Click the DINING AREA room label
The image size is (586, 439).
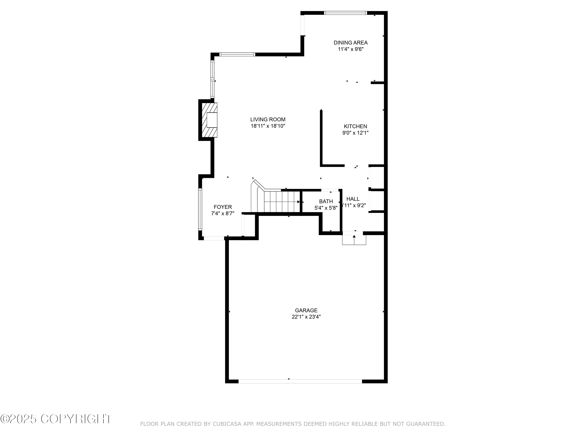pos(350,43)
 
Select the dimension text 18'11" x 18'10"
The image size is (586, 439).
pos(268,126)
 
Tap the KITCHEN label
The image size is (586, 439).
pos(355,126)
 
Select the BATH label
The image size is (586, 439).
pos(326,201)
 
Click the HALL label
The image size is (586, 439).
pos(353,199)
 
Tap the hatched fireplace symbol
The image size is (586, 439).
pos(209,120)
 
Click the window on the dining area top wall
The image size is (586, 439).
pos(346,13)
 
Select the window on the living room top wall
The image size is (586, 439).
pos(237,54)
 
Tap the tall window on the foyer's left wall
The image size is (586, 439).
pos(200,209)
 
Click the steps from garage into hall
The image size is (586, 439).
pos(354,240)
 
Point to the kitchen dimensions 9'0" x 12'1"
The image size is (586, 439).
pos(355,133)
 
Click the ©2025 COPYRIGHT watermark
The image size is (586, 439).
pos(56,419)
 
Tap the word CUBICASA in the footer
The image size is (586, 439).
pos(227,424)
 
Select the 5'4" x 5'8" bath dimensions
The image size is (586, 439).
pos(326,208)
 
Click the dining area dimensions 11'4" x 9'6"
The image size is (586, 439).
pos(350,49)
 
